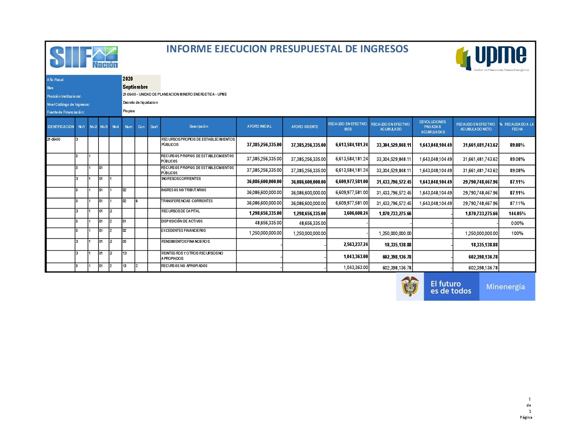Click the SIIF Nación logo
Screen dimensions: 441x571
click(84, 57)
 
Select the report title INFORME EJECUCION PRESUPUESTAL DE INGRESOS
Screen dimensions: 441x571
click(287, 49)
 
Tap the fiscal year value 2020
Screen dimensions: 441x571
click(128, 79)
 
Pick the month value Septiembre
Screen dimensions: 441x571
click(135, 87)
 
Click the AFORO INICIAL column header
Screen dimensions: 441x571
click(260, 126)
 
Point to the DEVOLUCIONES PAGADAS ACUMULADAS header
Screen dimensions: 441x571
click(433, 127)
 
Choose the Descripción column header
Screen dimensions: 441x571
click(199, 126)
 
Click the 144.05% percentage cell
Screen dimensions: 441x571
click(517, 214)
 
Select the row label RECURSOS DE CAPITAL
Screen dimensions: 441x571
click(181, 211)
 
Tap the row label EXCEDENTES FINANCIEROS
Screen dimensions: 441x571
click(183, 231)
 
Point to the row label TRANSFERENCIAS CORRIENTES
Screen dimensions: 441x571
click(187, 201)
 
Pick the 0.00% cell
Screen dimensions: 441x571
click(517, 223)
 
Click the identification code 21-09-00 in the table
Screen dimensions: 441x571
click(54, 139)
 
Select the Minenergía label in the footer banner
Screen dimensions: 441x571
click(505, 287)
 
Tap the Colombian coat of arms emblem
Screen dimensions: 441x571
click(410, 286)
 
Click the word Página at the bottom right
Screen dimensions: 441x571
click(526, 417)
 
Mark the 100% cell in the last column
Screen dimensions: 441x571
click(517, 233)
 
